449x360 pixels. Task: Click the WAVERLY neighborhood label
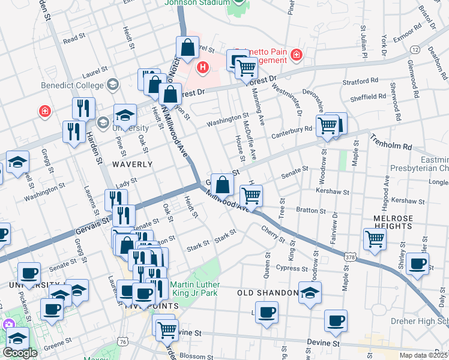[133, 164]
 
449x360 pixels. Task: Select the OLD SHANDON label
[267, 293]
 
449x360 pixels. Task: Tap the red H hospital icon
[203, 67]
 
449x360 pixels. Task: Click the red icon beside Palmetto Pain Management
[295, 56]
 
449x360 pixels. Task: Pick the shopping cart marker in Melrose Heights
[375, 238]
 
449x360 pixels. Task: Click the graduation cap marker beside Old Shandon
[310, 293]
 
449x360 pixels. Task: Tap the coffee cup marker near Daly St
[417, 263]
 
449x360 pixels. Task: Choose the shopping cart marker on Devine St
[166, 328]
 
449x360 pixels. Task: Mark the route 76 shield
[122, 341]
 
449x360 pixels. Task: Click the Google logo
[20, 353]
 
